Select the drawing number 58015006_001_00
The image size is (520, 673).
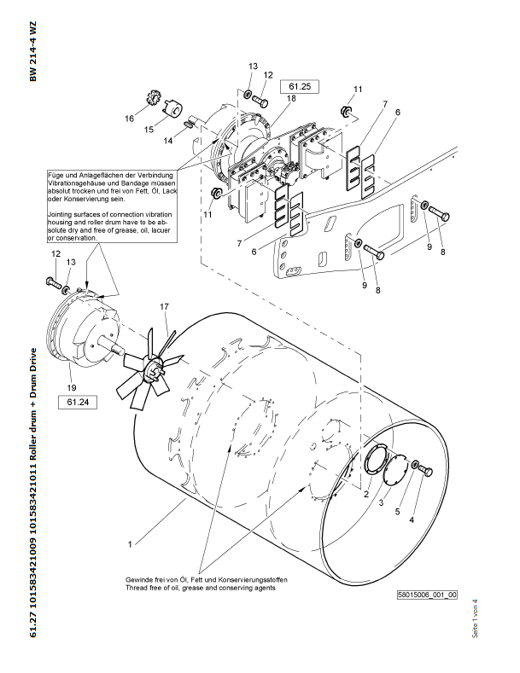tap(427, 595)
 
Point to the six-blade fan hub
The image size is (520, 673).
tap(155, 366)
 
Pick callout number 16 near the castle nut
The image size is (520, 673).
tap(131, 119)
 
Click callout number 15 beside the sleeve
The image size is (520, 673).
tap(149, 130)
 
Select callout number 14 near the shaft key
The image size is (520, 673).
tap(168, 141)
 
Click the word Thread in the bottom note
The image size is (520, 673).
tap(137, 588)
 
